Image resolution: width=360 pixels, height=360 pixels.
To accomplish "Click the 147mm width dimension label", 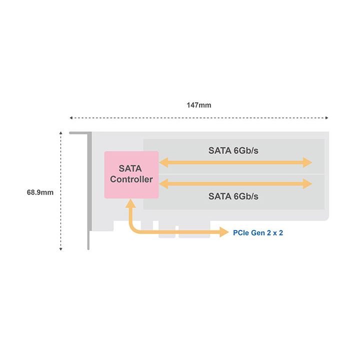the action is pos(199,105).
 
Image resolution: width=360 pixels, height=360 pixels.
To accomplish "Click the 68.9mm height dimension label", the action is pos(40,192).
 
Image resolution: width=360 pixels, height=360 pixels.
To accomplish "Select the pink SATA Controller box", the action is pos(131,174).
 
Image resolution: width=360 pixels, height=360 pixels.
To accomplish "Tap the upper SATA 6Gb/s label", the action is pos(233,150).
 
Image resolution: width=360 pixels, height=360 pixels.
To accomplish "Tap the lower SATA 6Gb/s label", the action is pos(233,196).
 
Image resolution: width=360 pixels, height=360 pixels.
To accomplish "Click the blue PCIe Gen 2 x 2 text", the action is pos(258,233).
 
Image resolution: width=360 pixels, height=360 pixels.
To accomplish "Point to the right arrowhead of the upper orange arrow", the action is pos(307,162).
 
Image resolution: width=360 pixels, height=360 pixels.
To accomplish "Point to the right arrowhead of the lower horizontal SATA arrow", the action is pos(307,183).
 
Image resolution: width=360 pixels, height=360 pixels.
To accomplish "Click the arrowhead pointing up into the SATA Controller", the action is pos(130,203).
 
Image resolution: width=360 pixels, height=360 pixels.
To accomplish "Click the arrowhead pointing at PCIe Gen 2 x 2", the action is pos(224,232).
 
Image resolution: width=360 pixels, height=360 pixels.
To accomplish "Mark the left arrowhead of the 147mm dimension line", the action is pos(71,118).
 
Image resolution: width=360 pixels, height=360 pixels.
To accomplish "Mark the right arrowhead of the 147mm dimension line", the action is pos(326,118).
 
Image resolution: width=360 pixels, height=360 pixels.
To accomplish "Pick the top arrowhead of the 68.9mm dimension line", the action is pos(60,133).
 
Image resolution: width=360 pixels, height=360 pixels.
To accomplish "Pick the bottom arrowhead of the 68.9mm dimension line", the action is pos(60,249).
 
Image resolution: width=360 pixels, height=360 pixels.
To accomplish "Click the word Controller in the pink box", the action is pos(131,179).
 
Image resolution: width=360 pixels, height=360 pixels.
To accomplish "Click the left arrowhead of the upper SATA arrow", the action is pos(163,162).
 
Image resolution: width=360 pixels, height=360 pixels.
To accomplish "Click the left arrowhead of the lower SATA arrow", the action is pos(163,183).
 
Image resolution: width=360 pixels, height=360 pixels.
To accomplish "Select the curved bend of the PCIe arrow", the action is pos(132,229).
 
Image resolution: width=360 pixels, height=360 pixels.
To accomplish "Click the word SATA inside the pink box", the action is pos(130,168).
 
